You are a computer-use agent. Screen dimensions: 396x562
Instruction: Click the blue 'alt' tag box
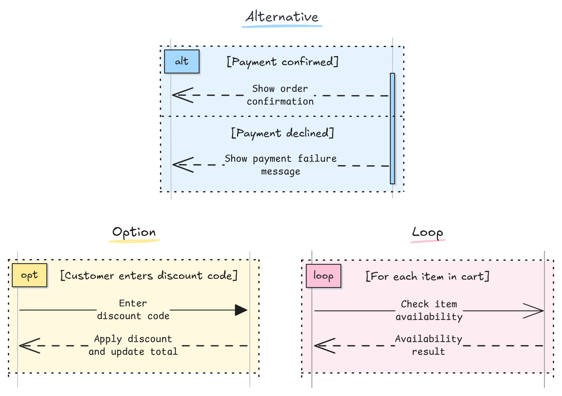tap(182, 61)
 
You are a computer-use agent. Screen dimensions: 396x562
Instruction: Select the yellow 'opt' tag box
tap(29, 275)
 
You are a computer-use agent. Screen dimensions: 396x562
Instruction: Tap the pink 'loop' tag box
tap(323, 276)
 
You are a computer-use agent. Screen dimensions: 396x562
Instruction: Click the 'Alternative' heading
tap(282, 17)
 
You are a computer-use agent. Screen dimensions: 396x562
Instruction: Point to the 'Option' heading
tap(134, 232)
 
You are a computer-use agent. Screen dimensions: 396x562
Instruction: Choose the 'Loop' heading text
tap(427, 233)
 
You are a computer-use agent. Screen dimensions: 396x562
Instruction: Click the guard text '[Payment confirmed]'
tap(282, 62)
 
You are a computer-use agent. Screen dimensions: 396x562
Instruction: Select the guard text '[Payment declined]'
tap(282, 133)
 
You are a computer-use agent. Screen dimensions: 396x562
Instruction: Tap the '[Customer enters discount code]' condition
tap(149, 275)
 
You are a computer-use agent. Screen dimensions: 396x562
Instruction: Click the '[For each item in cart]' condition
tap(427, 276)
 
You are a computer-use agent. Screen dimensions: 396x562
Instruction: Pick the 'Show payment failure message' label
tap(280, 165)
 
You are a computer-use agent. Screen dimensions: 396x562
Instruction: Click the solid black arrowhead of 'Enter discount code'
tap(241, 310)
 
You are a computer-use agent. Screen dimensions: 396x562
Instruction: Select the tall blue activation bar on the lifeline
tap(392, 129)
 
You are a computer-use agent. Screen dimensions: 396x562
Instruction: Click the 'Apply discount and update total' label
tap(133, 345)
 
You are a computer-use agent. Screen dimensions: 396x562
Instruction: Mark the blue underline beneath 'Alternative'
tap(282, 26)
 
